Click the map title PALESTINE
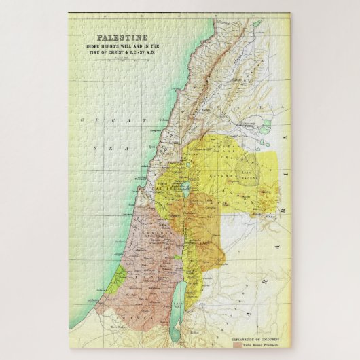[x=122, y=39]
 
